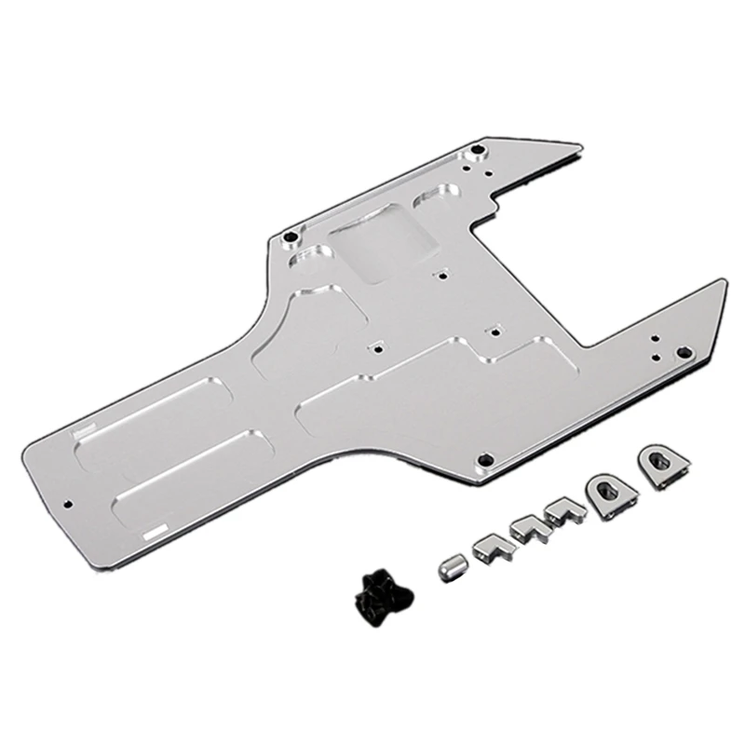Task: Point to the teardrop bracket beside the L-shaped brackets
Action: click(x=606, y=490)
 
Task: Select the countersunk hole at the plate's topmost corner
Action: click(x=478, y=149)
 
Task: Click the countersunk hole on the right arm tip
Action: click(x=683, y=352)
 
